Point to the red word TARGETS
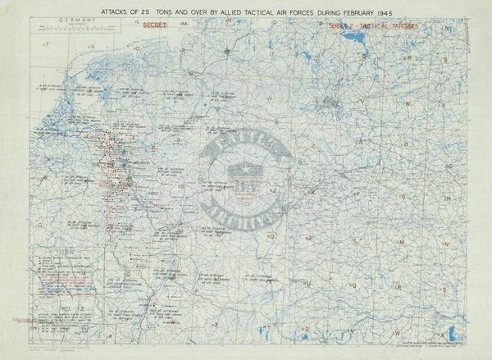[399, 27]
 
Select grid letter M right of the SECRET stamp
[185, 29]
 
